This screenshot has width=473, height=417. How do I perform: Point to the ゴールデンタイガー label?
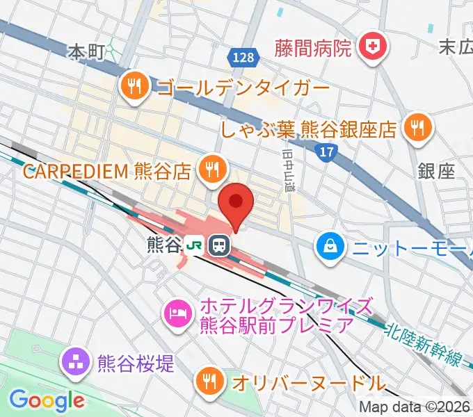tap(243, 88)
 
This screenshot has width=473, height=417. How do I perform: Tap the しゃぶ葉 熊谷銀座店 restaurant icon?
tap(418, 127)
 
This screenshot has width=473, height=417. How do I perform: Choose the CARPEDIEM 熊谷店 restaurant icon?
tap(211, 169)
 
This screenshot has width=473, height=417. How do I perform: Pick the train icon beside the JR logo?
tap(219, 245)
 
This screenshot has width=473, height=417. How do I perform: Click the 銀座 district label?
tap(437, 172)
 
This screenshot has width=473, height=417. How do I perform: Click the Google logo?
tap(47, 400)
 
